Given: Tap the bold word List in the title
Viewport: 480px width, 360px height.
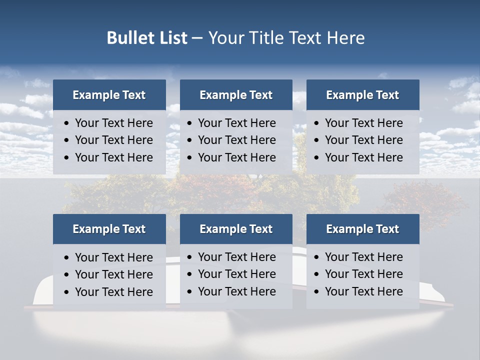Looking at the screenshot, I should coord(170,38).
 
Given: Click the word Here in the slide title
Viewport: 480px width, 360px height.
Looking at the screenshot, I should coord(345,38).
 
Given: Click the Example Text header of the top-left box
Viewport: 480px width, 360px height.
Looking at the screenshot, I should coord(109,95).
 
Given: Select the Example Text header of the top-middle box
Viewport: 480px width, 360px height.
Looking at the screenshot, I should coord(236,95).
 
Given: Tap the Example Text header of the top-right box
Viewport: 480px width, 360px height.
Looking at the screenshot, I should coord(362,95).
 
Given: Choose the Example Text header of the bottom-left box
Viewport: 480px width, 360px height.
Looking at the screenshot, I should coord(109,229).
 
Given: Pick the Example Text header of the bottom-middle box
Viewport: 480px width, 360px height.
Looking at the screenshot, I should coord(236,229).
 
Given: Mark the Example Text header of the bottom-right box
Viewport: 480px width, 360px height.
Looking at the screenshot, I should coord(362,229).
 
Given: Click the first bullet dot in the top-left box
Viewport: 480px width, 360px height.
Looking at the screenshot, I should coord(67,123).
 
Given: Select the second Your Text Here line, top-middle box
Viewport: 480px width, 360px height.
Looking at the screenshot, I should coord(236,140).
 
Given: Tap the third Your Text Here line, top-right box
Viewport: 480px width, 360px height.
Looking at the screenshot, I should coord(363,157).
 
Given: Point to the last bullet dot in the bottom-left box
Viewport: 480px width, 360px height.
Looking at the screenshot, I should coord(67,292).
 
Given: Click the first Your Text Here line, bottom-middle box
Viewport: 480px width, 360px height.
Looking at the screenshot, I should coord(236,257).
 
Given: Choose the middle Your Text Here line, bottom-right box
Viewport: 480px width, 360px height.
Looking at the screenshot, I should coord(363,274).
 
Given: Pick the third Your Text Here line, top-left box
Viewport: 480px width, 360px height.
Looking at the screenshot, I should coord(113,157).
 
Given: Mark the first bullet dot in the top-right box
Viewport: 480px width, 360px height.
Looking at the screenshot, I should coord(316,123).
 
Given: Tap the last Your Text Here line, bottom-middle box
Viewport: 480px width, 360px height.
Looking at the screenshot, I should coord(236,291).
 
